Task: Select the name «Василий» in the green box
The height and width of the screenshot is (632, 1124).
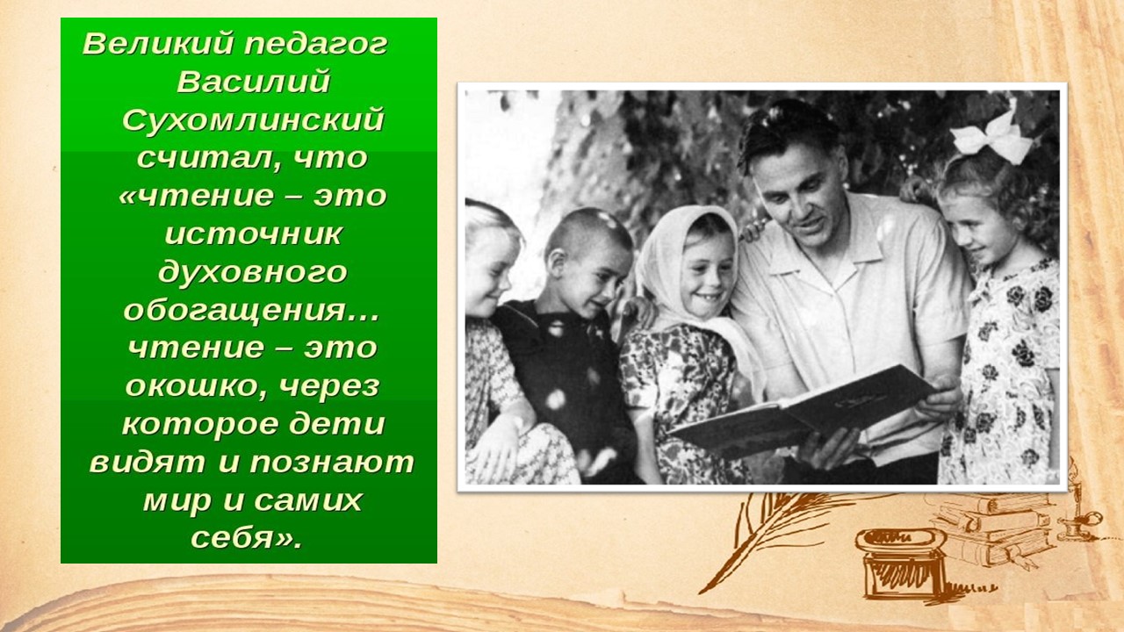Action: click(254, 82)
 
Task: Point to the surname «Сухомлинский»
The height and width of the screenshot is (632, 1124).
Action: click(254, 120)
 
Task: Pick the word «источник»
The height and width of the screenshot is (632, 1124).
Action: click(254, 234)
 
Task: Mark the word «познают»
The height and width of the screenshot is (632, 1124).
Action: click(332, 463)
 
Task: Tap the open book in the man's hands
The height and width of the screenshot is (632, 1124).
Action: click(803, 413)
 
